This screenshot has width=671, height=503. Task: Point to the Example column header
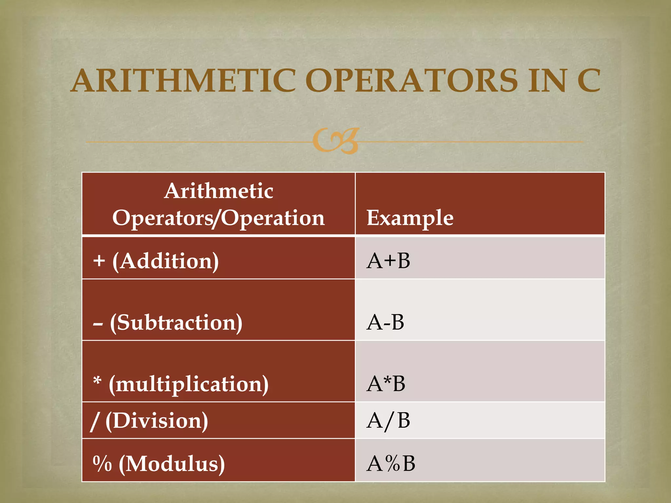point(410,218)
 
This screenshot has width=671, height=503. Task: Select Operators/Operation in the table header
point(219,218)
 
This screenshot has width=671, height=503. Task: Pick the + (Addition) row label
point(156,261)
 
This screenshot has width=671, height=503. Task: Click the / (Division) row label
point(149,420)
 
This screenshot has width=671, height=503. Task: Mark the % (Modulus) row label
point(159,464)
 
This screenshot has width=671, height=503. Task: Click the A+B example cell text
point(388,261)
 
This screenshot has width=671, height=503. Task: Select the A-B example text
point(385,323)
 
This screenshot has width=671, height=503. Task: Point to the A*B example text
point(386,384)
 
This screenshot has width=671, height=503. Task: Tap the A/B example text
point(388,420)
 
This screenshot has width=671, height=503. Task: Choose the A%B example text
point(391,464)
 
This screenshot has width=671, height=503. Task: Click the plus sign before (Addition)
point(99,261)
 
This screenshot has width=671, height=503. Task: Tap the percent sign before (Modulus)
point(102,463)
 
